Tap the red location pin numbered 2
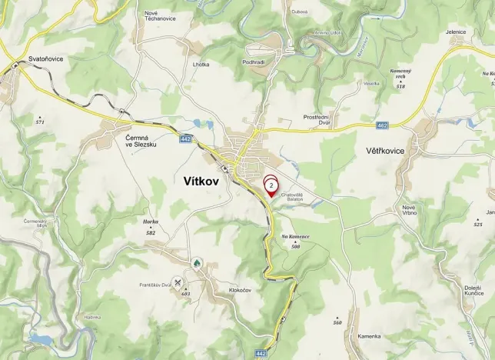pyautogui.click(x=271, y=186)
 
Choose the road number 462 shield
pyautogui.click(x=382, y=125)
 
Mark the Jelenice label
pyautogui.click(x=455, y=32)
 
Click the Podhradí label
pyautogui.click(x=253, y=61)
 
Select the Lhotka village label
pyautogui.click(x=201, y=65)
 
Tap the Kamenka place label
pyautogui.click(x=369, y=336)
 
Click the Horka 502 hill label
pyautogui.click(x=150, y=225)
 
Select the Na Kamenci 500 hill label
pyautogui.click(x=295, y=239)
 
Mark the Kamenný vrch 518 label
pyautogui.click(x=400, y=75)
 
